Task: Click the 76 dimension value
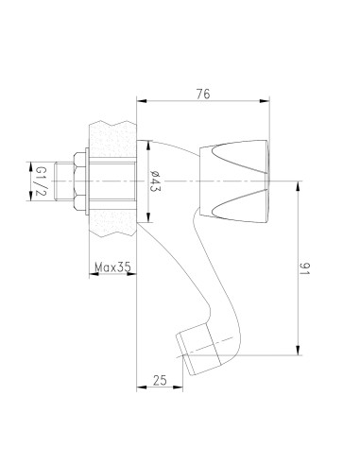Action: (x=203, y=94)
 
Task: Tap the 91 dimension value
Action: (x=304, y=268)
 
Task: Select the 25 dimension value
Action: (x=160, y=380)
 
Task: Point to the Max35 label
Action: (x=112, y=267)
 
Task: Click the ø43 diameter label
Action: (x=155, y=181)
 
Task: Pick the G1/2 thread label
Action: (x=41, y=181)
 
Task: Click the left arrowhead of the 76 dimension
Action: (x=142, y=101)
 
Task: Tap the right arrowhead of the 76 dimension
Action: (x=265, y=101)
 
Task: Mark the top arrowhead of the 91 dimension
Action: (x=298, y=186)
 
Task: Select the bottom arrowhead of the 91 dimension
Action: (x=298, y=350)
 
